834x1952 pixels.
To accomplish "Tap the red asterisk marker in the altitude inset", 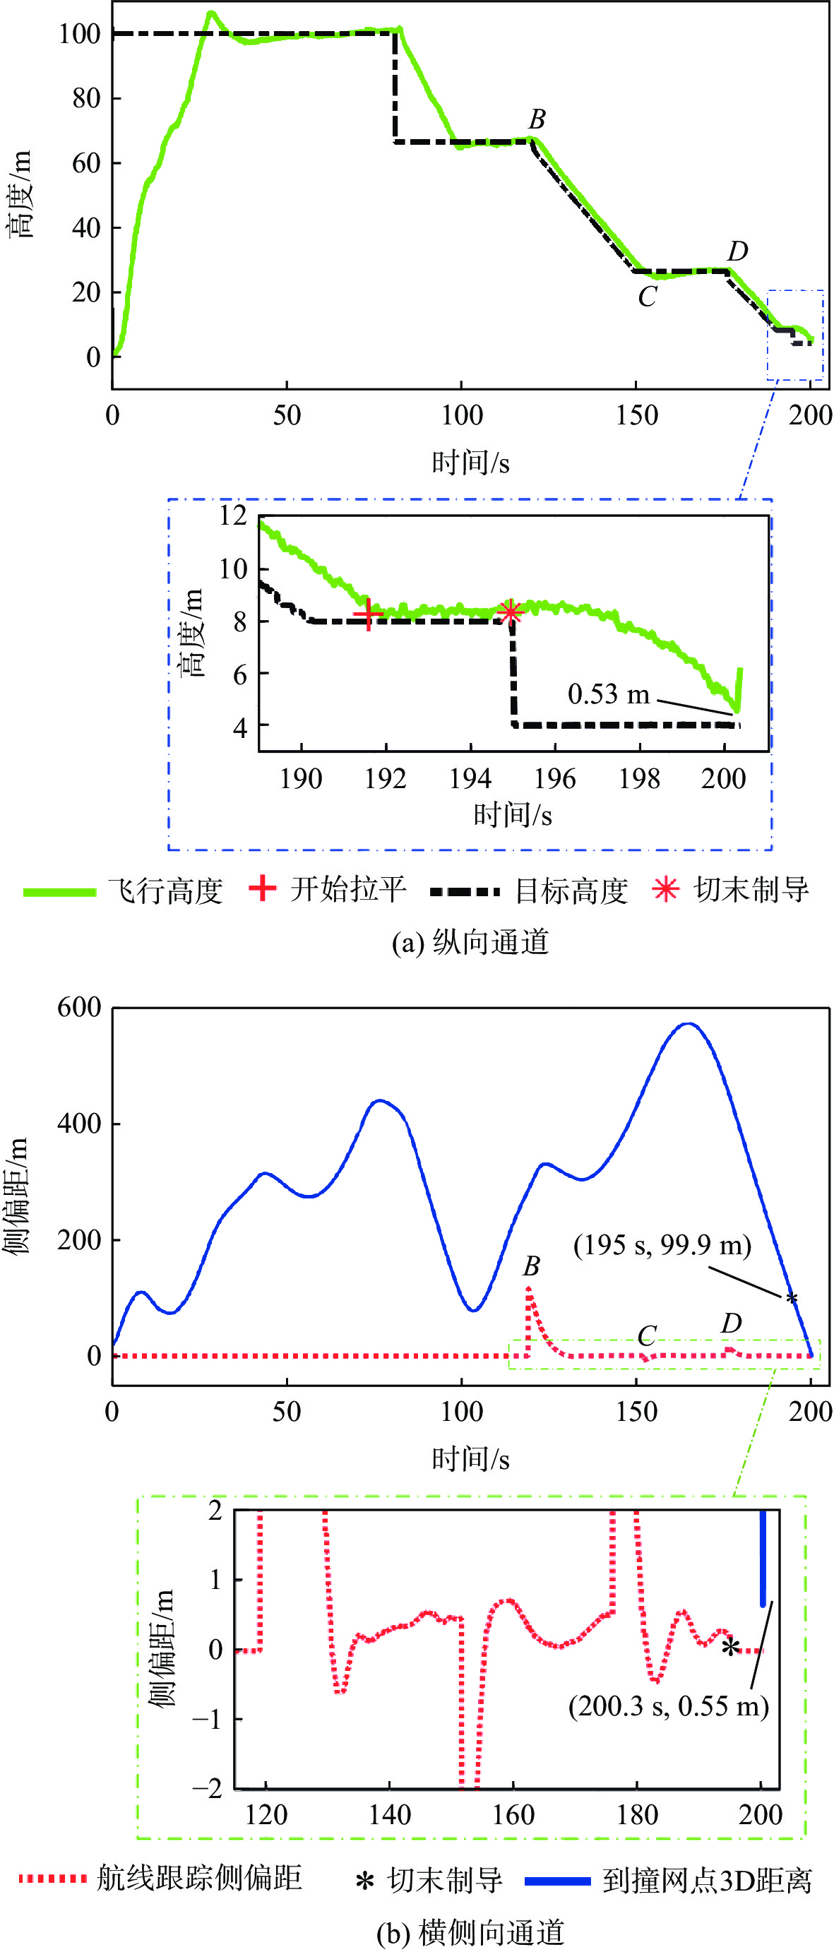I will point(511,611).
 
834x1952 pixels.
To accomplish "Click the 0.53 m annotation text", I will point(608,694).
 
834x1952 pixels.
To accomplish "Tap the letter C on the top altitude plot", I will point(646,297).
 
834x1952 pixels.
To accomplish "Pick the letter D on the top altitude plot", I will point(737,250).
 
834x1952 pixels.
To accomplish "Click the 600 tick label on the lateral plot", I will point(79,1007).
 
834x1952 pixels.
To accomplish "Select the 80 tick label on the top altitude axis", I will point(85,97).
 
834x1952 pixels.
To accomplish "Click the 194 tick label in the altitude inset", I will point(470,778).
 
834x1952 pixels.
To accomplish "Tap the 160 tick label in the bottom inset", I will point(513,1815).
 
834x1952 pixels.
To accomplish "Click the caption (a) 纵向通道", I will point(470,942).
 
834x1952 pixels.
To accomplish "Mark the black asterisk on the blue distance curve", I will point(792,1298).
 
